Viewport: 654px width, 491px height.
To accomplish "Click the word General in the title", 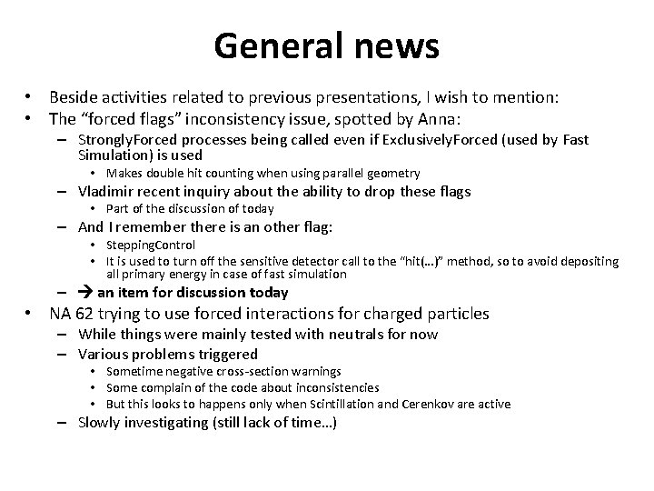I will pyautogui.click(x=270, y=45).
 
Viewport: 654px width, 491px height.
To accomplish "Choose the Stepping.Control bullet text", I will pyautogui.click(x=150, y=245).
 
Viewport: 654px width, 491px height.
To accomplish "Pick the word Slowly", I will pyautogui.click(x=100, y=423).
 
